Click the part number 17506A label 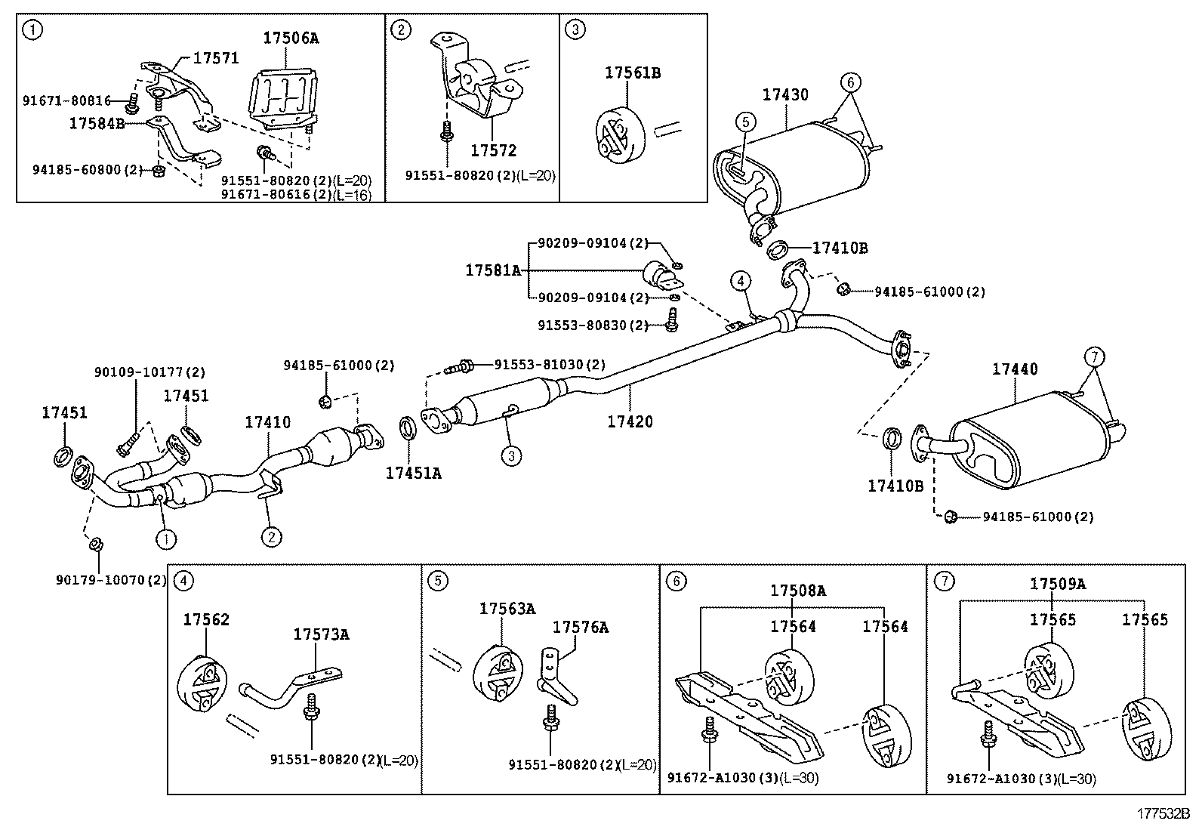coord(291,38)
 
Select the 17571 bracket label coord(216,58)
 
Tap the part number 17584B coord(97,124)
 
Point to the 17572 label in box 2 coord(494,151)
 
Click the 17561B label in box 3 coord(633,73)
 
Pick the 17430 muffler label coord(785,95)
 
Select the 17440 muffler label coord(1015,369)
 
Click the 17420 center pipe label coord(630,422)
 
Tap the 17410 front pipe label coord(268,422)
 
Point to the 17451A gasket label coord(414,473)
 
